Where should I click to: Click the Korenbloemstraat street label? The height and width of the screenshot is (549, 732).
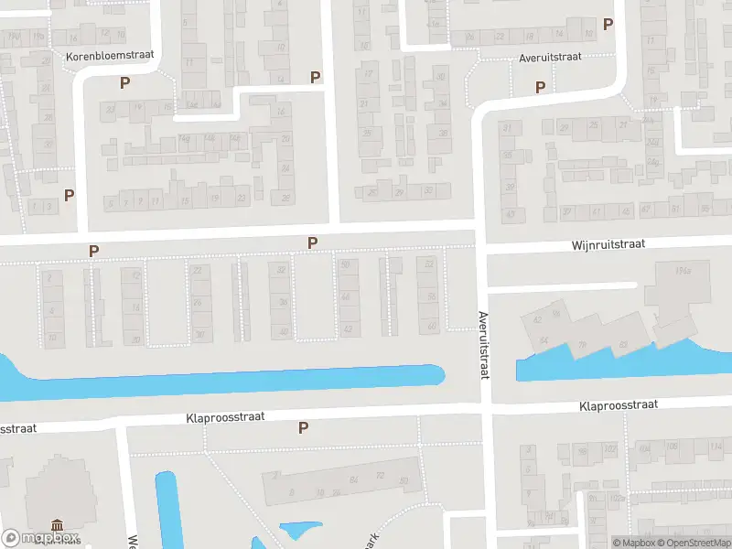[110, 56]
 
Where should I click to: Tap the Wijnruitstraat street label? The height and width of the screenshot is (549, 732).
[608, 244]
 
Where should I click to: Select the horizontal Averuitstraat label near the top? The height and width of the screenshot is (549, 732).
[549, 56]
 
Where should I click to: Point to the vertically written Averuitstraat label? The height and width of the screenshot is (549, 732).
[483, 345]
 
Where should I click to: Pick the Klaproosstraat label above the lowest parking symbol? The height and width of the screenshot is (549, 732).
[225, 416]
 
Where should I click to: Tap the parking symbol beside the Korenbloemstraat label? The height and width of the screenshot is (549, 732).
[124, 82]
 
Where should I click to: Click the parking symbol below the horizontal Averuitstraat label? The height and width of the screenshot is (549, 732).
[540, 88]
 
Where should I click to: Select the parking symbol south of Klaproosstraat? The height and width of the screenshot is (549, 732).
[304, 427]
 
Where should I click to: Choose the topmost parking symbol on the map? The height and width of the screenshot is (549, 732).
[608, 25]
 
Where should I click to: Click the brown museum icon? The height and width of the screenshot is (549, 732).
[58, 525]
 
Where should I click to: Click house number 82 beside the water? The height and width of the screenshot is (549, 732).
[623, 345]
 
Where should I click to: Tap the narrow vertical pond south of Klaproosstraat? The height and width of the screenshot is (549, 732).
[167, 508]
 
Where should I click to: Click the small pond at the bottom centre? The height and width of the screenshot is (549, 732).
[300, 532]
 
